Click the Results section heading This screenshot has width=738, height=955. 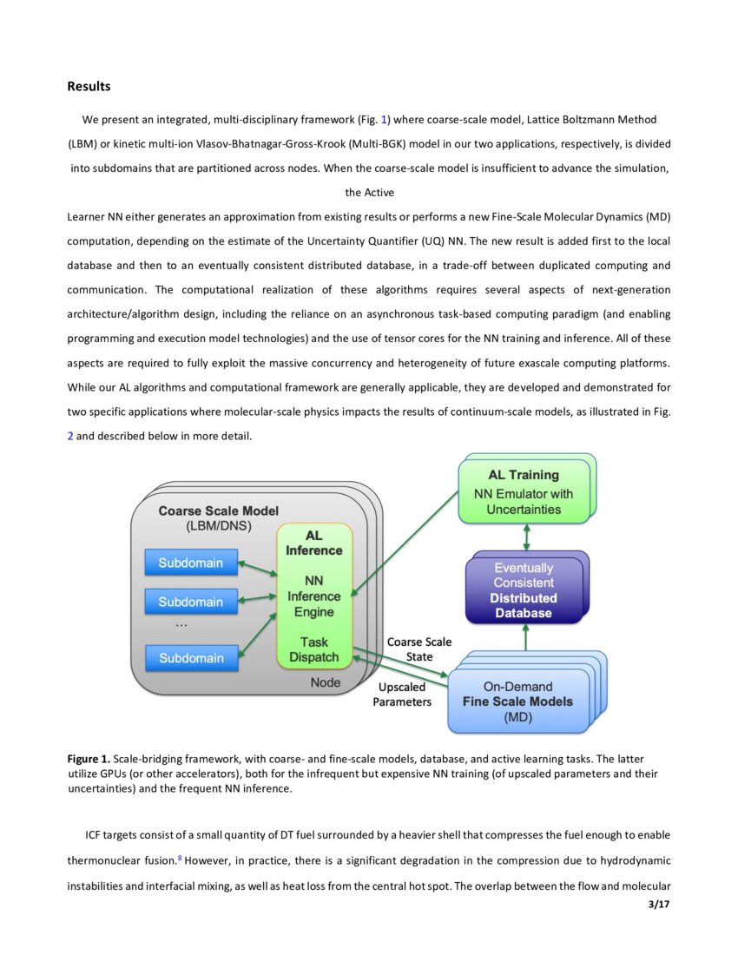pos(89,87)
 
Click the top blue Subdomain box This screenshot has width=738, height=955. pos(190,563)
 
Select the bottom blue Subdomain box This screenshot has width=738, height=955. pos(190,658)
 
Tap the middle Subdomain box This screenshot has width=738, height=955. pos(190,602)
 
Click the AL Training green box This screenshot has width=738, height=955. pos(523,492)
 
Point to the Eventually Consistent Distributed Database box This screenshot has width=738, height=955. pos(523,590)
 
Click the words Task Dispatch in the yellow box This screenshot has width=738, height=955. pos(313,649)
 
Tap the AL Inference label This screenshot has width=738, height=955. pos(313,543)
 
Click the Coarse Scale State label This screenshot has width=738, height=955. pos(419,649)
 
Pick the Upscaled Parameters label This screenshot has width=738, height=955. pos(402,695)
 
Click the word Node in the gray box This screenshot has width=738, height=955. pos(326,683)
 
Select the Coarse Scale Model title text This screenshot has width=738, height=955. pos(218,511)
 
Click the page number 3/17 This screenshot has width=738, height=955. pos(659,906)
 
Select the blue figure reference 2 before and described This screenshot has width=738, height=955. pos(70,437)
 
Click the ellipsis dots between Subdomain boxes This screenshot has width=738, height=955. pos(181,624)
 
